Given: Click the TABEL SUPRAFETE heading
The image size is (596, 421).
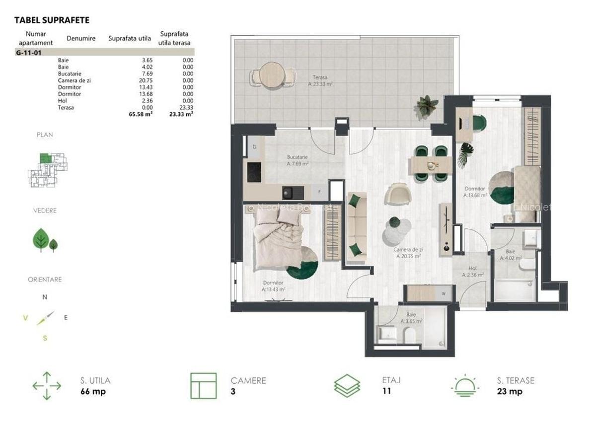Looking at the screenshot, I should [52, 20].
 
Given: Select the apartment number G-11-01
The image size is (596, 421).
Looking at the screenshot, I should [26, 52].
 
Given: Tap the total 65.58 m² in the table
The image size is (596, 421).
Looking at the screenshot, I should [142, 114].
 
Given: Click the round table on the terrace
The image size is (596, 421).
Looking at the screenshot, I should [271, 74].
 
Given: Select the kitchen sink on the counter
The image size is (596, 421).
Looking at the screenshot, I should [289, 192].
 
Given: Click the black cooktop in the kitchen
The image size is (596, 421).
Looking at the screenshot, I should [254, 172].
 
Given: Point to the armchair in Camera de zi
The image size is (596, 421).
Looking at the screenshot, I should [398, 193].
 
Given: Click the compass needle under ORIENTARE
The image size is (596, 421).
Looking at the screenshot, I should [45, 318].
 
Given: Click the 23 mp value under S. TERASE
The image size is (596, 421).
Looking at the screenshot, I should [509, 391].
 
